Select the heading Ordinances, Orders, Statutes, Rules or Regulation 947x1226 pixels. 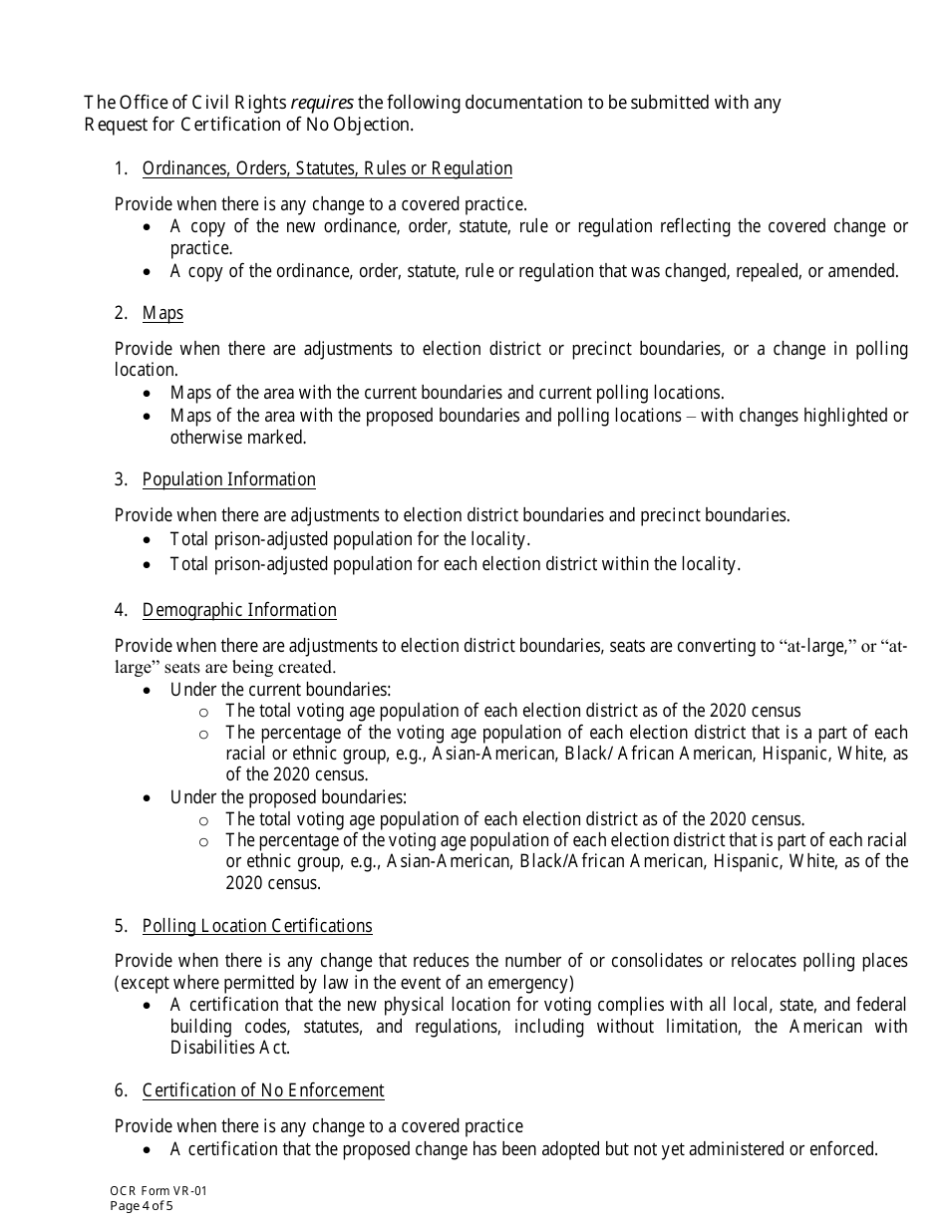pyautogui.click(x=327, y=168)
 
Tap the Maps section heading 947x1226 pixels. pyautogui.click(x=162, y=313)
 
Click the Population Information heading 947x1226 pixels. pyautogui.click(x=228, y=479)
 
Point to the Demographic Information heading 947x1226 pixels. pyautogui.click(x=239, y=610)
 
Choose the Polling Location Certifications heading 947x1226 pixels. pyautogui.click(x=257, y=926)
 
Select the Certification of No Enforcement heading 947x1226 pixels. pyautogui.click(x=263, y=1090)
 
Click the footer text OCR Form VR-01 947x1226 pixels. pyautogui.click(x=158, y=1191)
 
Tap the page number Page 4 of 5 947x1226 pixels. pyautogui.click(x=142, y=1206)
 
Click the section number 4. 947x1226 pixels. pyautogui.click(x=120, y=610)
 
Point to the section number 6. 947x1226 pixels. pyautogui.click(x=120, y=1090)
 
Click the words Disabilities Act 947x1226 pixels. pyautogui.click(x=229, y=1048)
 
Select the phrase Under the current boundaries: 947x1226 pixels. pyautogui.click(x=280, y=689)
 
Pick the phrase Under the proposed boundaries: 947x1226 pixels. pyautogui.click(x=288, y=797)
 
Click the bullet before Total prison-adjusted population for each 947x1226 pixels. pyautogui.click(x=148, y=565)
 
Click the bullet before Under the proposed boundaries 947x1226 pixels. pyautogui.click(x=148, y=798)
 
